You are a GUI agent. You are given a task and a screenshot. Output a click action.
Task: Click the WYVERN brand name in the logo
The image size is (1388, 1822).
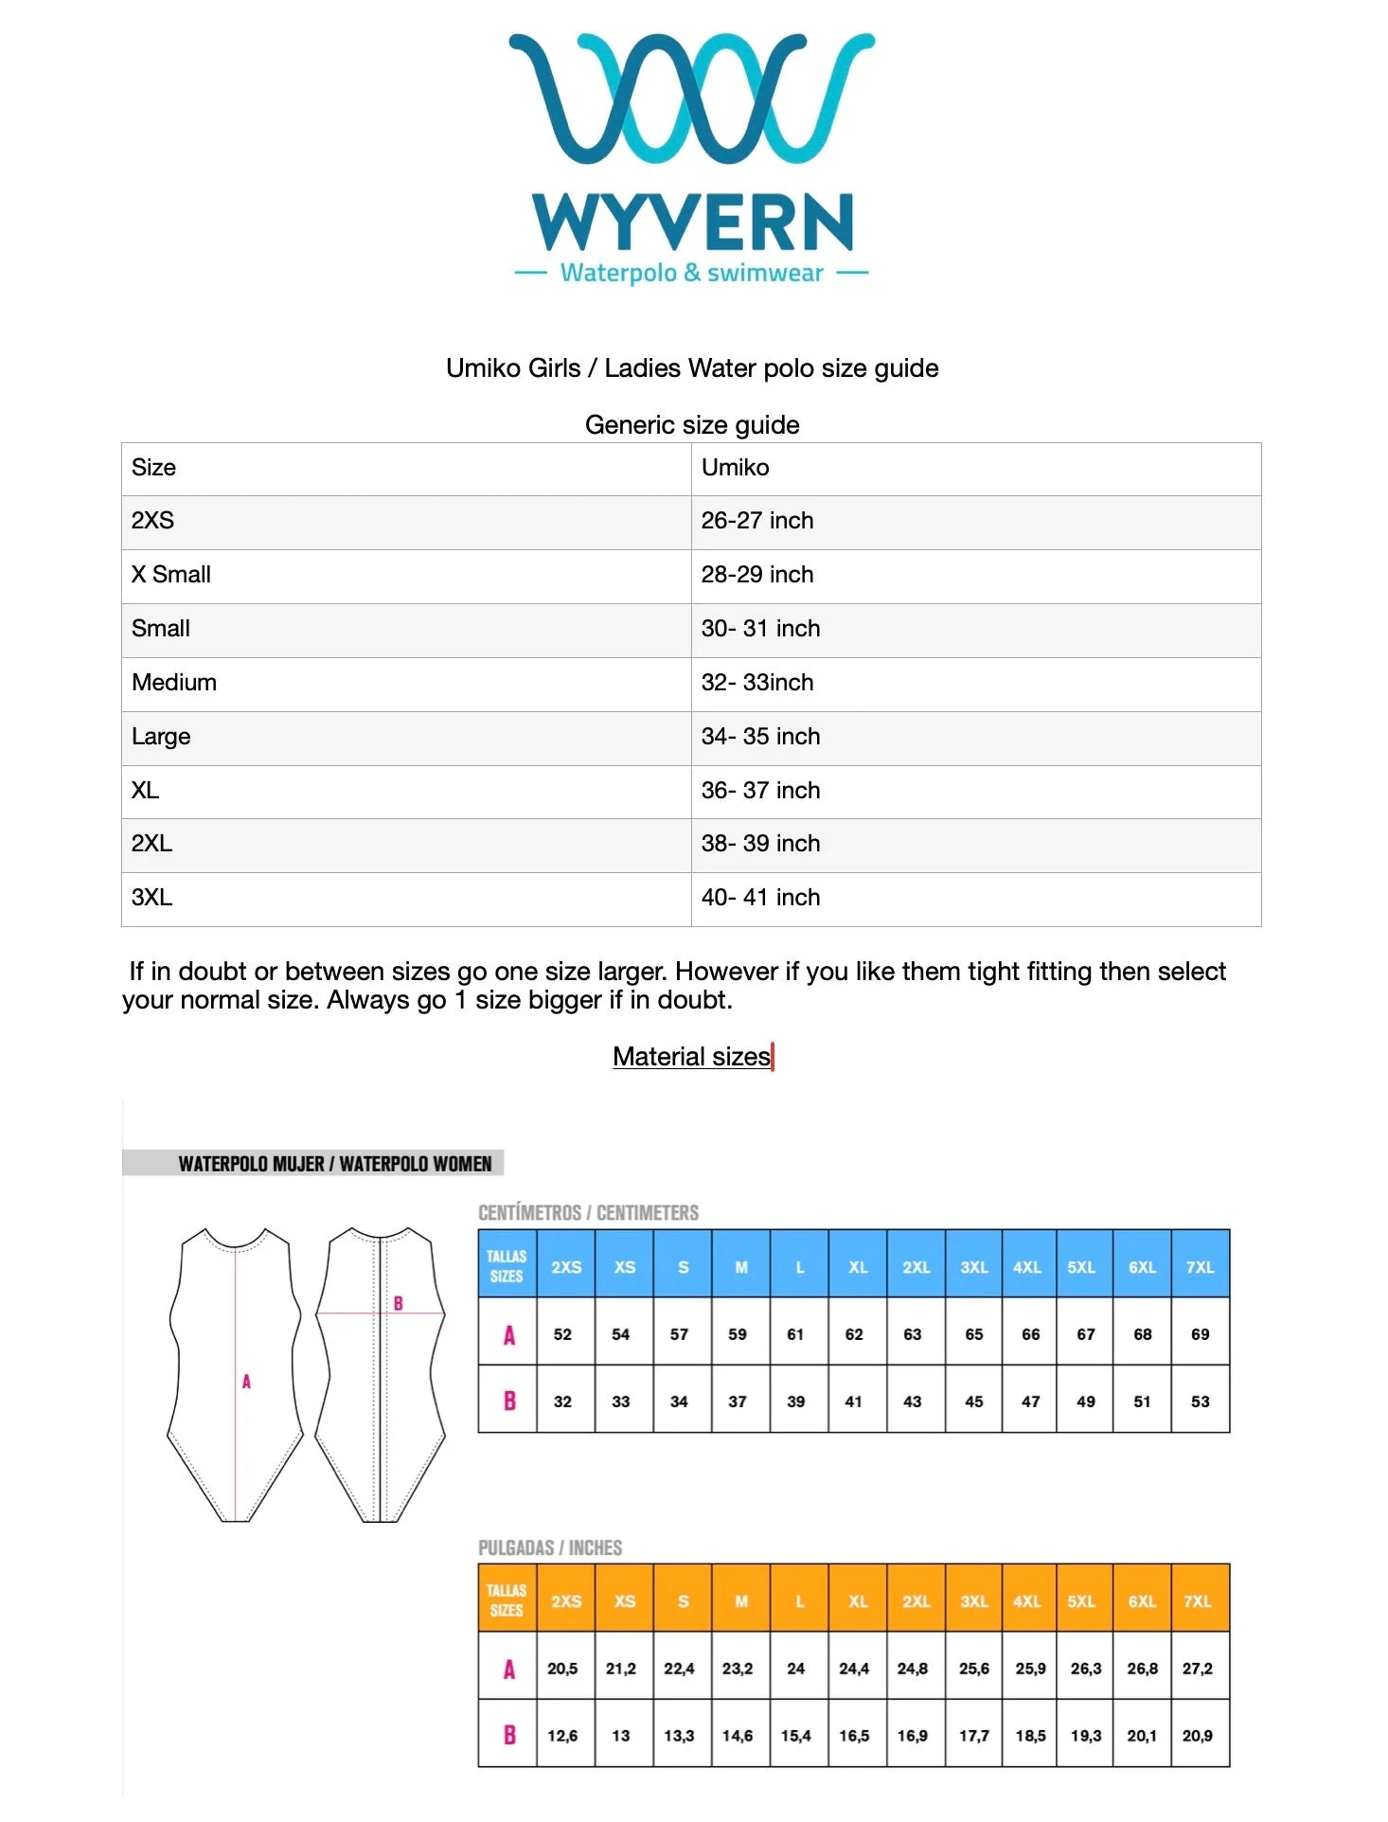click(x=693, y=222)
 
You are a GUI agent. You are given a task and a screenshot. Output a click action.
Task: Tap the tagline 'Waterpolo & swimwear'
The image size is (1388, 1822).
click(x=691, y=274)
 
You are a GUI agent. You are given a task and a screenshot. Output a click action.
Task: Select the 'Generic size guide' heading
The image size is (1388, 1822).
click(x=692, y=424)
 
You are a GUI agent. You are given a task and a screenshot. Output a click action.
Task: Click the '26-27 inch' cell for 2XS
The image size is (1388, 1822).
click(x=757, y=521)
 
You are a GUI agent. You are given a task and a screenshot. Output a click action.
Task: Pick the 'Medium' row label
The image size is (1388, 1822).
click(x=174, y=683)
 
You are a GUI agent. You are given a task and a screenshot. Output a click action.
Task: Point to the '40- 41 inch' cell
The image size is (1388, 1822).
click(x=760, y=898)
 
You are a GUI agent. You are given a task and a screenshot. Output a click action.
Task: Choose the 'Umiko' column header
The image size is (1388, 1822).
click(x=735, y=468)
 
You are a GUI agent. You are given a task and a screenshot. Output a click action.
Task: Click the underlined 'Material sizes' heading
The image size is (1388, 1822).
click(x=691, y=1057)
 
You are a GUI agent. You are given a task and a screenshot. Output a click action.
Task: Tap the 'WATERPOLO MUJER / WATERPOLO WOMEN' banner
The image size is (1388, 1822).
click(x=334, y=1164)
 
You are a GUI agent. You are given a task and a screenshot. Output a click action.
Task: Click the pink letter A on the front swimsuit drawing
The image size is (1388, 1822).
click(x=246, y=1382)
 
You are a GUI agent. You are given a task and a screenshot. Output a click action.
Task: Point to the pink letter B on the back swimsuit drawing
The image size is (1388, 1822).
click(x=399, y=1304)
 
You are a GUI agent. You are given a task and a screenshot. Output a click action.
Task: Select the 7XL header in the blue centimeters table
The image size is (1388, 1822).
click(x=1200, y=1267)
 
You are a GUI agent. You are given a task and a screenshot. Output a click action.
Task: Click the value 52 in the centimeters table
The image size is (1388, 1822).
click(x=562, y=1334)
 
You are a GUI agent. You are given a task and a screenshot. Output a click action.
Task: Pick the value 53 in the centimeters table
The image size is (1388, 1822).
click(x=1200, y=1402)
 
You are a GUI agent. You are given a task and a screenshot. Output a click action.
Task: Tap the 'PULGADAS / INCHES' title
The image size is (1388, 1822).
click(x=550, y=1547)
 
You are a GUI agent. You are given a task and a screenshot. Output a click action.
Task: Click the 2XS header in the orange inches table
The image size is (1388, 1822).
click(x=566, y=1601)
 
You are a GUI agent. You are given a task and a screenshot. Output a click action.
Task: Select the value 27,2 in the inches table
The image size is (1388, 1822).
click(x=1198, y=1669)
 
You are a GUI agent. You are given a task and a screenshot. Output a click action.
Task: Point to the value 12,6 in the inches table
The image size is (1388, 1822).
click(x=562, y=1736)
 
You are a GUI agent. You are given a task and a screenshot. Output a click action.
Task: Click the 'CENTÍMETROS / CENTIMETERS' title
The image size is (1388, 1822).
click(x=588, y=1213)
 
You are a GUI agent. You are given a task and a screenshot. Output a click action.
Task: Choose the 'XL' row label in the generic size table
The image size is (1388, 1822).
click(x=146, y=791)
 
